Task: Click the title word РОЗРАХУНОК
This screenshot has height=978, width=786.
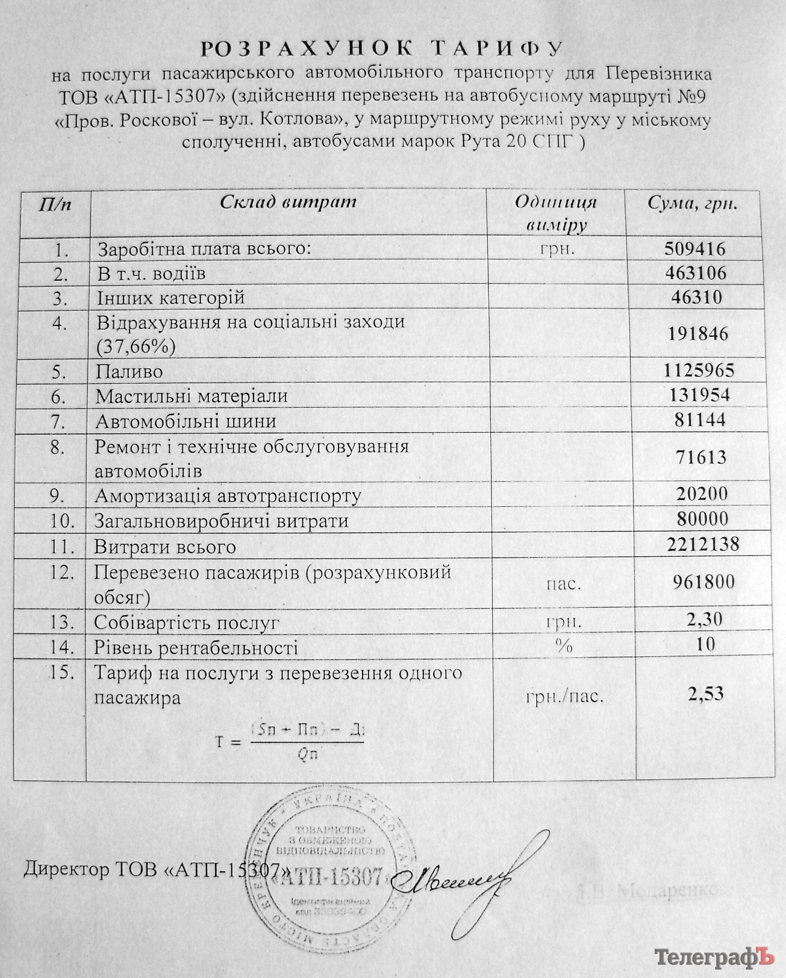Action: coord(307,49)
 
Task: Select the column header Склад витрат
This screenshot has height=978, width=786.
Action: coord(288,202)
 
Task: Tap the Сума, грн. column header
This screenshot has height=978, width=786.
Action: coord(693,203)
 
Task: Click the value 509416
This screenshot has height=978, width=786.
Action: coord(695,248)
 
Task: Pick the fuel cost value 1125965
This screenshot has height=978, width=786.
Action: coord(699,370)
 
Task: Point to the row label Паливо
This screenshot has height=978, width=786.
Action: coord(129,372)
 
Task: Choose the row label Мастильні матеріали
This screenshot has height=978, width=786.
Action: coord(192,397)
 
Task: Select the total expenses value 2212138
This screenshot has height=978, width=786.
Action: coord(703,544)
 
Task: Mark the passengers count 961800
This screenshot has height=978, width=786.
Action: coord(703,581)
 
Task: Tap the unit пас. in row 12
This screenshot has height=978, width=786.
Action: coord(564,584)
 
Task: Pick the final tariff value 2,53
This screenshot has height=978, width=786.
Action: coord(705,694)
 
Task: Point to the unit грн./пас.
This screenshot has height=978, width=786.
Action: coord(564,697)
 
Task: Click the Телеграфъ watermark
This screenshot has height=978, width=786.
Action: coord(714,957)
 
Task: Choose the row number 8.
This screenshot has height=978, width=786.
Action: coord(58,448)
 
